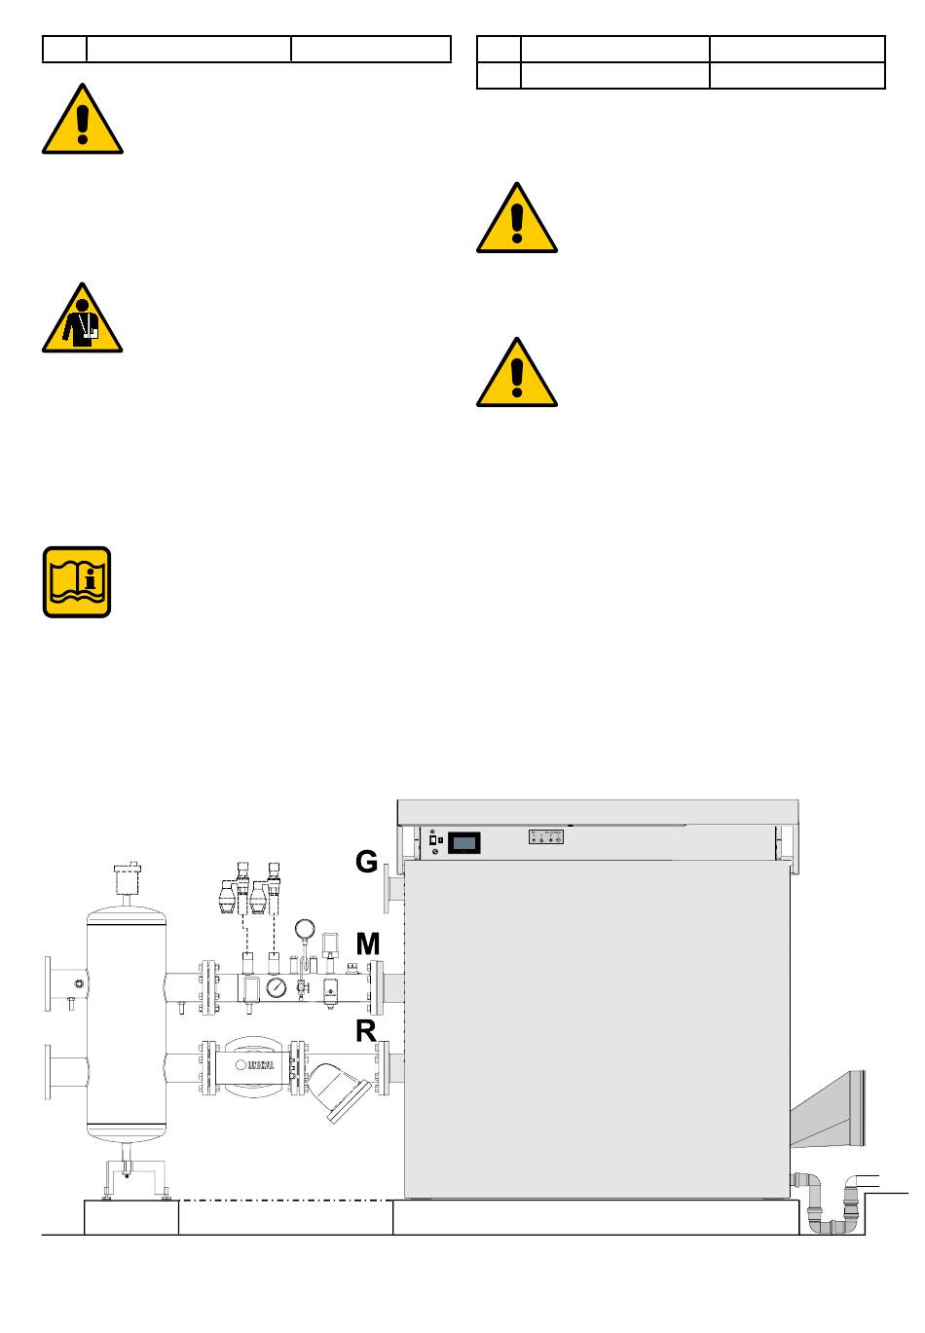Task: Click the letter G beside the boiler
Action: [366, 862]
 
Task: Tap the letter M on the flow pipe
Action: [368, 944]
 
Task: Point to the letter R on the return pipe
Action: [366, 1030]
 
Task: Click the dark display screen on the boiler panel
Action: [464, 842]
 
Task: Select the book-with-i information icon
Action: [77, 582]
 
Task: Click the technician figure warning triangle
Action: [82, 319]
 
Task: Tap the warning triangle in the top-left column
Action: [83, 122]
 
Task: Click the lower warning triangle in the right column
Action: [517, 374]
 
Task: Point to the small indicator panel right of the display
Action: [546, 837]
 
